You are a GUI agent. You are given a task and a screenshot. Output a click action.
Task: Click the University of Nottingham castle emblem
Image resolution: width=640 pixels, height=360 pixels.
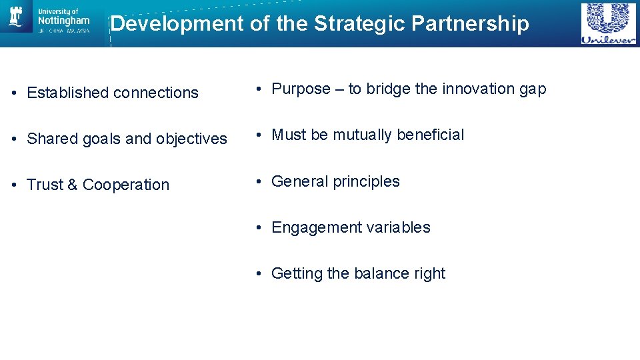[x=16, y=17]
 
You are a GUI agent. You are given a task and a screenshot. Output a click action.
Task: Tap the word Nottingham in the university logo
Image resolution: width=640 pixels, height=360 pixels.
[x=63, y=21]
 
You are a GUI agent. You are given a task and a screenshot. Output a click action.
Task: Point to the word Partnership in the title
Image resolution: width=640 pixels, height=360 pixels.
[x=470, y=24]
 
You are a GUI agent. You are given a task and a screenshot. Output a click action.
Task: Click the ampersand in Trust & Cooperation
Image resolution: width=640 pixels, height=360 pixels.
[x=72, y=185]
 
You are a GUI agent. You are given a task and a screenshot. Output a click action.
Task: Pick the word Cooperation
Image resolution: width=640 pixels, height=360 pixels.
[x=126, y=185]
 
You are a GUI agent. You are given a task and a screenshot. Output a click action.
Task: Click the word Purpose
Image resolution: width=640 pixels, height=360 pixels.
[x=301, y=89]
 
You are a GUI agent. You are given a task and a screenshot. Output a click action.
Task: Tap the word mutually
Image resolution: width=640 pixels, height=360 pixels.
[x=363, y=135]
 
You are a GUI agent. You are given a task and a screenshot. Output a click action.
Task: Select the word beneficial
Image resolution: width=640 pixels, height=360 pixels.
[x=431, y=135]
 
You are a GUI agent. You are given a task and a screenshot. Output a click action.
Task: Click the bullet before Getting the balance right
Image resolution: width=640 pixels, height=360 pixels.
[x=261, y=274]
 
